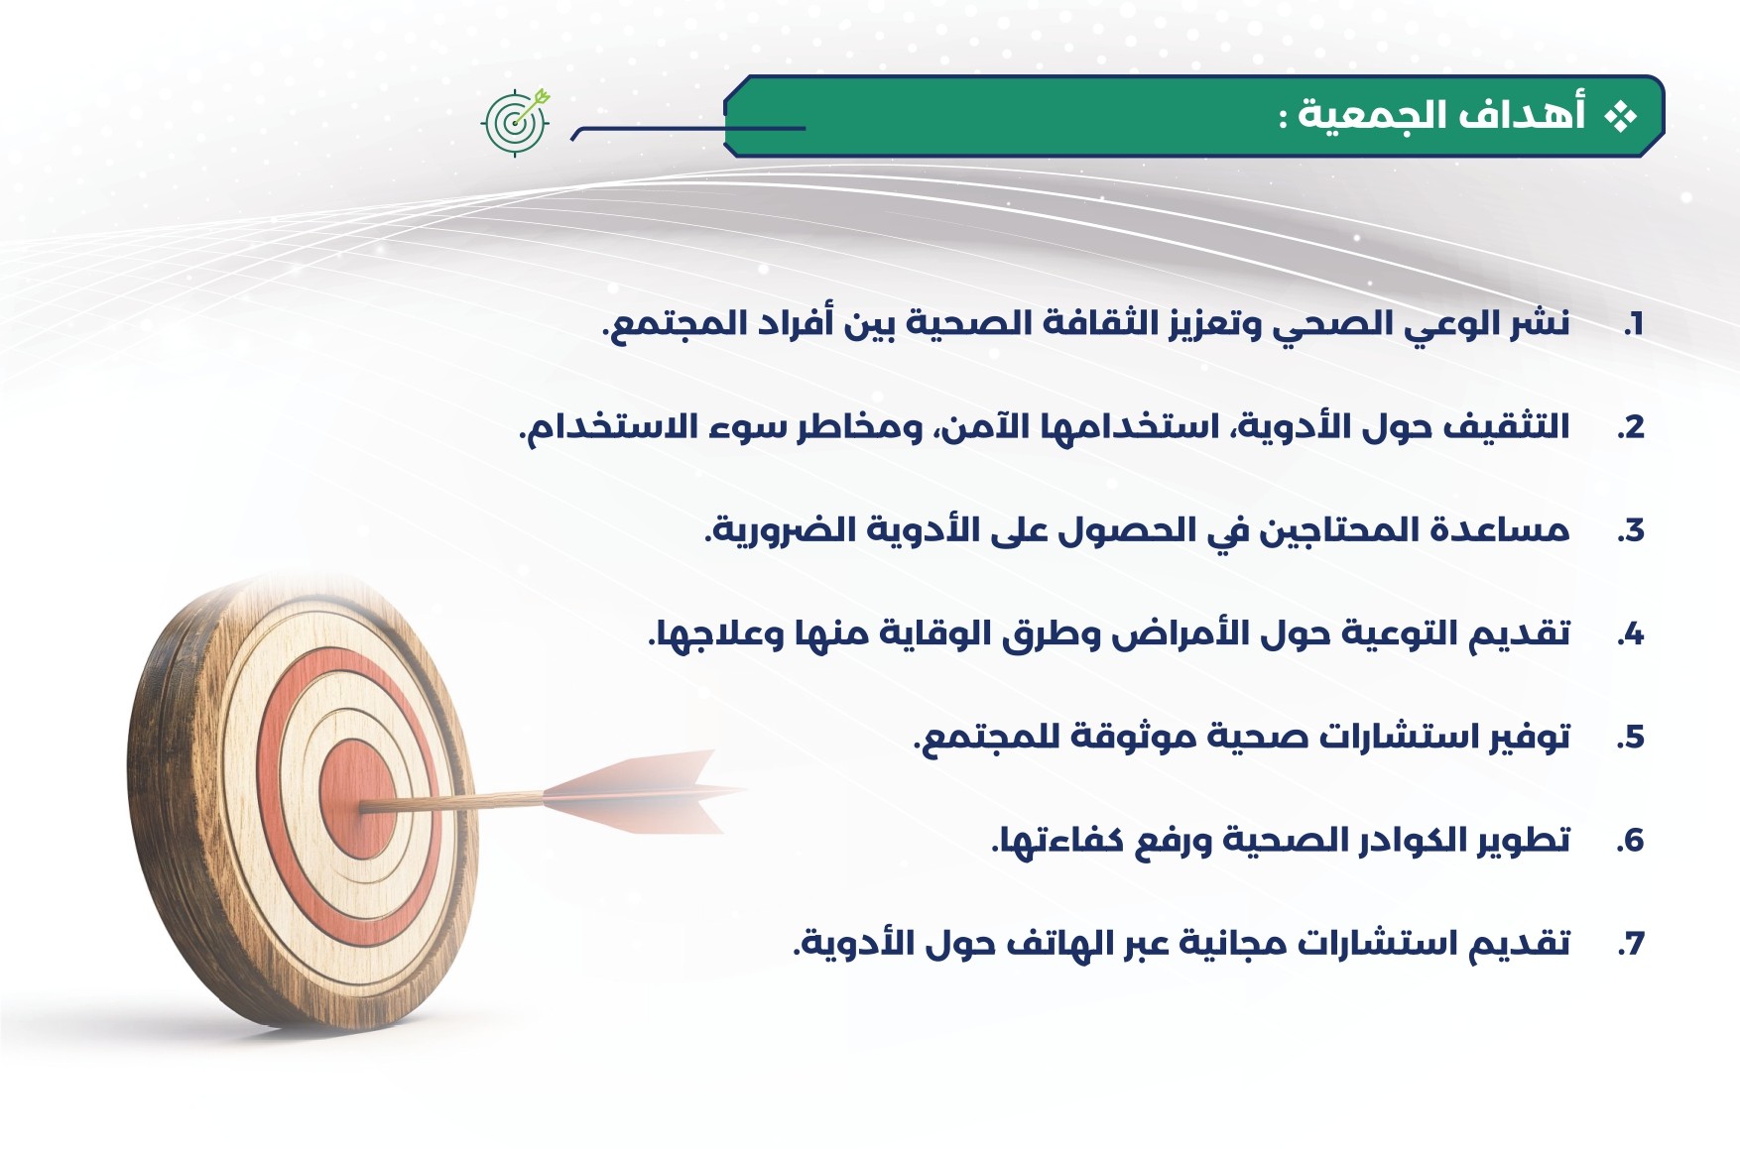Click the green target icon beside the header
(515, 122)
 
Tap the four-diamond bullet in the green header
(1621, 117)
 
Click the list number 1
(1634, 323)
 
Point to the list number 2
(1630, 427)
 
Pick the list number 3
(1630, 530)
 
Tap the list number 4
(1630, 633)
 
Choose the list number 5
(1630, 737)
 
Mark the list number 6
(1630, 841)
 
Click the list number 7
(1631, 944)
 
